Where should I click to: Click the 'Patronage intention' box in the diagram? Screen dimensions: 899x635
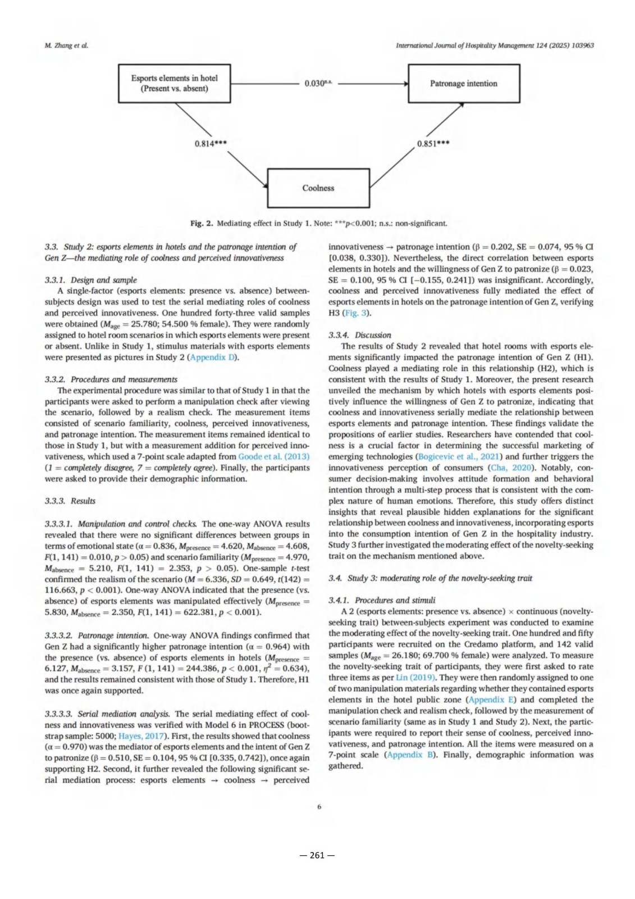click(x=463, y=84)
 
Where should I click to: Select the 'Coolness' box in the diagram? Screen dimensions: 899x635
click(x=318, y=188)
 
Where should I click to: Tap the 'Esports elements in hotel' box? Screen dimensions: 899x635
click(x=174, y=83)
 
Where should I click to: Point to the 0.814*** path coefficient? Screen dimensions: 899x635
click(x=211, y=144)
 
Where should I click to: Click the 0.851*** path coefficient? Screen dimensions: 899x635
click(x=433, y=144)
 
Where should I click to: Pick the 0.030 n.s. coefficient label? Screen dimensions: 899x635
click(x=318, y=83)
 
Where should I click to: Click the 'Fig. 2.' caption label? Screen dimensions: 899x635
click(x=202, y=224)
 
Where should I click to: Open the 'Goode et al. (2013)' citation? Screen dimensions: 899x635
click(x=273, y=457)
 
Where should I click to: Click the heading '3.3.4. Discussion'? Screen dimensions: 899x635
click(x=359, y=335)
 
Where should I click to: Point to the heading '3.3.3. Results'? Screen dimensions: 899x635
click(x=70, y=501)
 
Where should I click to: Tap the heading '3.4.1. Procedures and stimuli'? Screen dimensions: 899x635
click(x=382, y=601)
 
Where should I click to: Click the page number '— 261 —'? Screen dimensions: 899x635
click(x=317, y=855)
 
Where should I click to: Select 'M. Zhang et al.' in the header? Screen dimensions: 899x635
click(x=66, y=46)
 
